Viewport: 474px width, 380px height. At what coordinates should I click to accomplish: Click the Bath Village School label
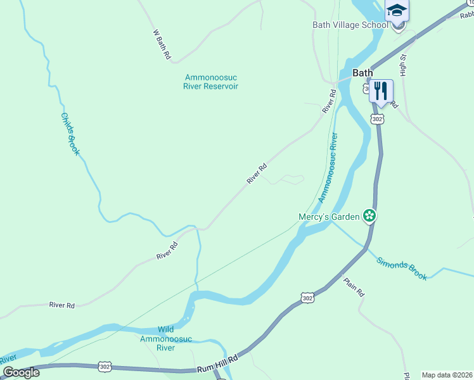pos(350,25)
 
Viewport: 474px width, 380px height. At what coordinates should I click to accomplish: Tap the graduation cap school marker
pos(397,11)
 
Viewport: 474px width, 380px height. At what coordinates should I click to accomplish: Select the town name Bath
pos(362,73)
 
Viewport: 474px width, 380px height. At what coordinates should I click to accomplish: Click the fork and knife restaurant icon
pos(380,90)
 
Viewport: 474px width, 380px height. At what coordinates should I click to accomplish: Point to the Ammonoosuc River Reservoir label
pos(211,82)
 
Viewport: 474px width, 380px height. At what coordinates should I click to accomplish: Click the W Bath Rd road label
pos(162,45)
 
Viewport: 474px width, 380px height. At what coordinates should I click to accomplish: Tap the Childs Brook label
pos(70,134)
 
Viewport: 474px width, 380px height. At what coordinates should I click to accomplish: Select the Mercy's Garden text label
pos(329,217)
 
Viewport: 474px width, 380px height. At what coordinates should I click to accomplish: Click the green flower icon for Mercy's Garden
pos(369,217)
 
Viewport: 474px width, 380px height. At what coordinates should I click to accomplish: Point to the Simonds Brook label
pos(402,268)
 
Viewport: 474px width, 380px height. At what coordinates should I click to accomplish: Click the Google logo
pos(21,372)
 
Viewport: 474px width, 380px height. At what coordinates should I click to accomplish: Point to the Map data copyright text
pos(447,375)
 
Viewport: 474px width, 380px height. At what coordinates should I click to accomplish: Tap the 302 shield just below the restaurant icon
pos(378,119)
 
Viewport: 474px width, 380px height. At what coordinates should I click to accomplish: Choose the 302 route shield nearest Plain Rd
pos(307,298)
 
